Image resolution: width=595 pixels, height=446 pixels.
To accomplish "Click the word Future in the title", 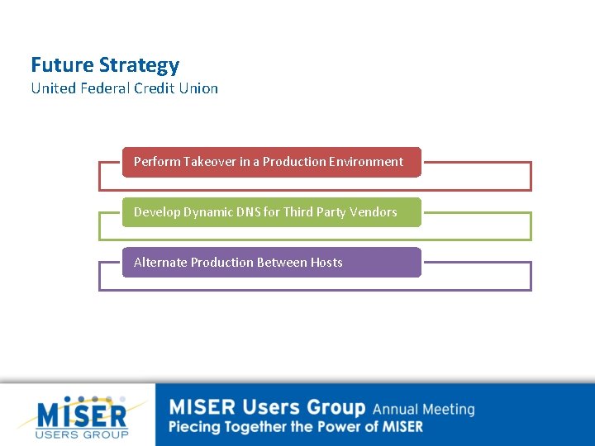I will point(62,65).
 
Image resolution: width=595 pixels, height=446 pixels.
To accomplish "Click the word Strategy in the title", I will point(139,66).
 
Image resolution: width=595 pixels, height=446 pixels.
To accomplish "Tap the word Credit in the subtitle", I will point(152,88).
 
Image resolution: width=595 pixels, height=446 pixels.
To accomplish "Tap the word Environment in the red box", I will point(366,162).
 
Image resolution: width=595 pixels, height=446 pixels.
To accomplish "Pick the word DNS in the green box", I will point(249,212).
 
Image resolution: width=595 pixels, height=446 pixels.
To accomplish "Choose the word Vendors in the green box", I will point(374,212).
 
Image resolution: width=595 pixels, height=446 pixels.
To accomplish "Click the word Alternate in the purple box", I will point(160,263).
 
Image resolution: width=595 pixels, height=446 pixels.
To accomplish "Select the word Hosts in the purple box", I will point(326,263).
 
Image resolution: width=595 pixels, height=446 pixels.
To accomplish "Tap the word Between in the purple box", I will point(282,263).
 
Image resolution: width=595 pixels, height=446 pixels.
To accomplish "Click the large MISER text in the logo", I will point(83,415).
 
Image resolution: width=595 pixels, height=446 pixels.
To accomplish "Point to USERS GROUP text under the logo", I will point(83,434).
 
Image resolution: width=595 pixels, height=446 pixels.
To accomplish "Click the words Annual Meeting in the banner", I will point(423,410).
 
